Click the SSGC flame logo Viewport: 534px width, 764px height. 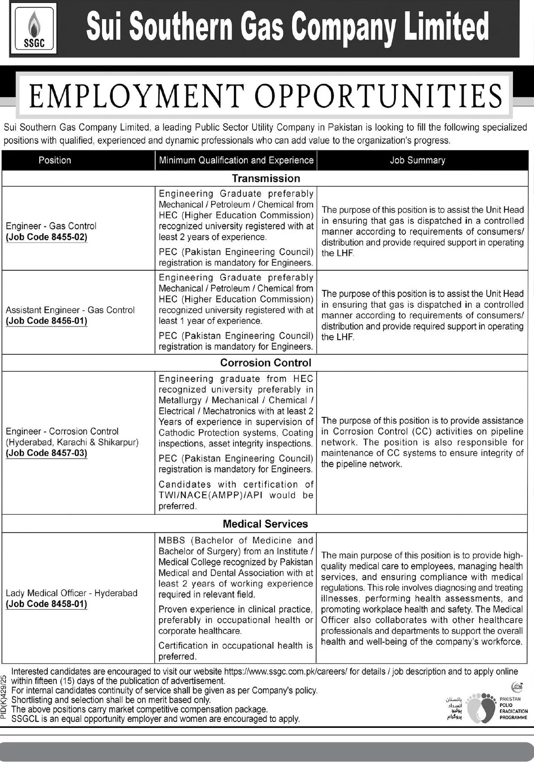[x=34, y=29]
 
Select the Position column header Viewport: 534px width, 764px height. [x=54, y=160]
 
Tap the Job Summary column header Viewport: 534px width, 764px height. [x=417, y=160]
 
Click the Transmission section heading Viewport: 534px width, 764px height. [x=266, y=178]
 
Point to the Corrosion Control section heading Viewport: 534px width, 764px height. [x=266, y=363]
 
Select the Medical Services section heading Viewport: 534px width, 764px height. [x=265, y=524]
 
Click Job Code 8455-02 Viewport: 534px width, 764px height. [x=47, y=237]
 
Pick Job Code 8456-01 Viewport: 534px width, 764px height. [x=47, y=321]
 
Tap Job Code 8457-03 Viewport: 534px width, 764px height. [x=47, y=453]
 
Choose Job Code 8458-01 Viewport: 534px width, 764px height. [x=47, y=604]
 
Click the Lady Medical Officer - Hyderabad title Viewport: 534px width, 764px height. [x=72, y=593]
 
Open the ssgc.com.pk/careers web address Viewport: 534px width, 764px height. [x=286, y=672]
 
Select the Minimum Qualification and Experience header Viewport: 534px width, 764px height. [x=236, y=160]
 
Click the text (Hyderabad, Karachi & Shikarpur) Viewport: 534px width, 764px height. [x=72, y=442]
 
